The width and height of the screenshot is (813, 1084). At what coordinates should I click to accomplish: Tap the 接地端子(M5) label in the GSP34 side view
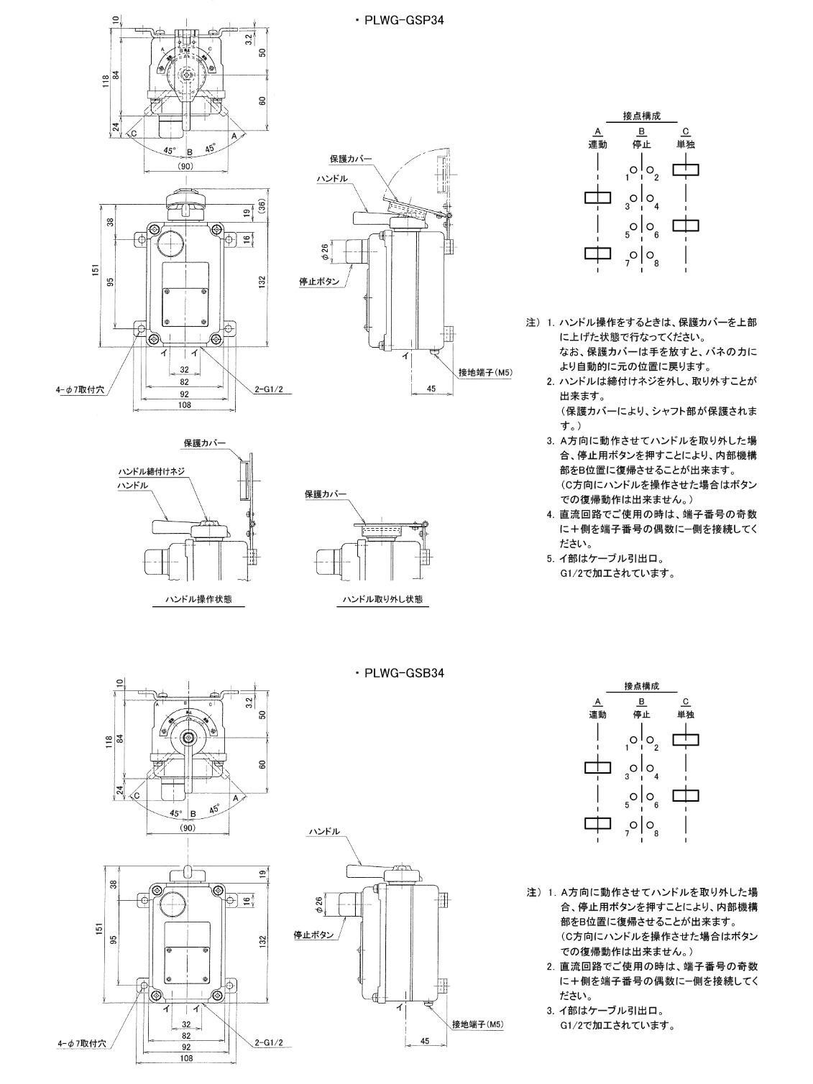point(484,372)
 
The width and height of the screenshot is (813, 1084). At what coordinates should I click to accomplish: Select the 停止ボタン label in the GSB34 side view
point(313,935)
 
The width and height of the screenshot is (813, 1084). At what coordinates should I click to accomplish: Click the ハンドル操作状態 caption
point(198,598)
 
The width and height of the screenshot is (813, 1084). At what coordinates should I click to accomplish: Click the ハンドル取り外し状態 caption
point(382,598)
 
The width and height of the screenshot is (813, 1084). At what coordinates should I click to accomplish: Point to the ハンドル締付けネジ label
point(152,472)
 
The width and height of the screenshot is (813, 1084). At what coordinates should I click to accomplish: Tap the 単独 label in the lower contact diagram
point(685,715)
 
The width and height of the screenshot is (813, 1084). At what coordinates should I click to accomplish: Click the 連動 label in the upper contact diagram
point(598,144)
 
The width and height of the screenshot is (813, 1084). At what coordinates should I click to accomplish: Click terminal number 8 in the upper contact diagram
point(656,264)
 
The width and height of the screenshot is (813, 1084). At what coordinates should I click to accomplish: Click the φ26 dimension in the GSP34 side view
point(324,251)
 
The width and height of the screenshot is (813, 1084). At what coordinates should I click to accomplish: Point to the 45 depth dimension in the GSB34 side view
point(424,1040)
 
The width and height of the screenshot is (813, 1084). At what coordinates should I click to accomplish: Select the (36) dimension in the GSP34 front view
point(262,205)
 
